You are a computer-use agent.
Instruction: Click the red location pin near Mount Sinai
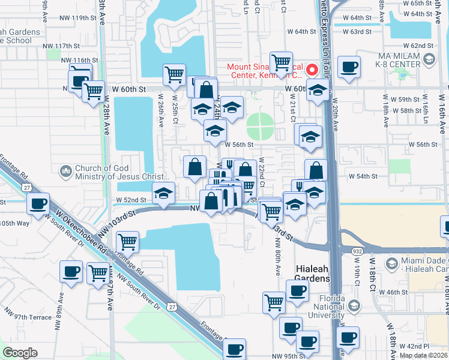click(312, 70)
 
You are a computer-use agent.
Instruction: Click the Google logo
click(20, 353)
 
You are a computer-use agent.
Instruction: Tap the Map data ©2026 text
click(424, 355)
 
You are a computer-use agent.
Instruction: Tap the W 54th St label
click(364, 176)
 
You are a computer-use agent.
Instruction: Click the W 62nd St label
click(418, 46)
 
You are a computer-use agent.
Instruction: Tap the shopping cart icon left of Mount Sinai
click(281, 62)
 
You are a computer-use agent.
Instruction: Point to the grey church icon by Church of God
click(65, 172)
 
